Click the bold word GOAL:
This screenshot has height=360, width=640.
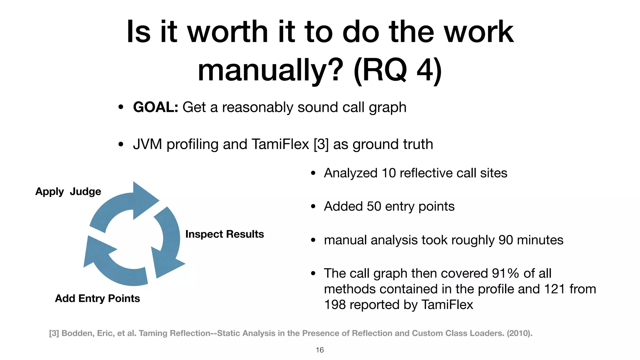[x=156, y=107]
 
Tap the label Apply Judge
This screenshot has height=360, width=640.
[x=68, y=192]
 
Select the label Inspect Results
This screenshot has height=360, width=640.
[x=224, y=234]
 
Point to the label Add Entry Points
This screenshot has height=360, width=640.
[x=97, y=298]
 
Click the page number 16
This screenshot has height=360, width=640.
[x=320, y=350]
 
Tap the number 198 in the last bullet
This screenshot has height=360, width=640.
[x=334, y=305]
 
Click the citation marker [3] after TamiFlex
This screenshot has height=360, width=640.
[x=321, y=144]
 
